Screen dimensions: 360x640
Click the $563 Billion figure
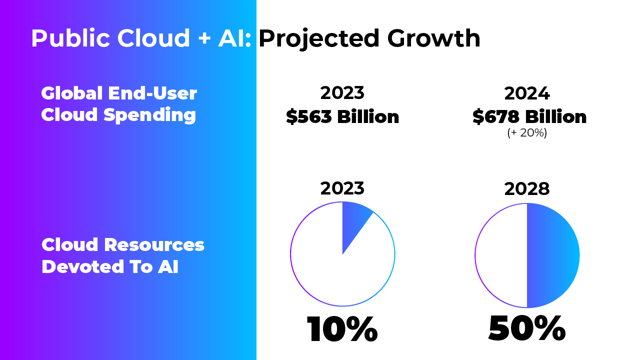coord(342,117)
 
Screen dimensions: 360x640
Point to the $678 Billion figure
coord(529,117)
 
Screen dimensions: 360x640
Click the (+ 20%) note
coord(527,133)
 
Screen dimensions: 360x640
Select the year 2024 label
coord(527,93)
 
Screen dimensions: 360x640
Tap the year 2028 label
coord(527,189)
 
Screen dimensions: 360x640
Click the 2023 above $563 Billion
coord(342,93)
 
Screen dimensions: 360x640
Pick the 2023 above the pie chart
coord(342,188)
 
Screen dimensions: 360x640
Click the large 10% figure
coord(342,329)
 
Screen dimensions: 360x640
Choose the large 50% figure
coord(526,328)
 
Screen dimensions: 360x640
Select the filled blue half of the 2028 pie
coord(552,255)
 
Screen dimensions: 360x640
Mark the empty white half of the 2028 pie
coord(501,255)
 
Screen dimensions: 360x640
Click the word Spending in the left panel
coord(149,115)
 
